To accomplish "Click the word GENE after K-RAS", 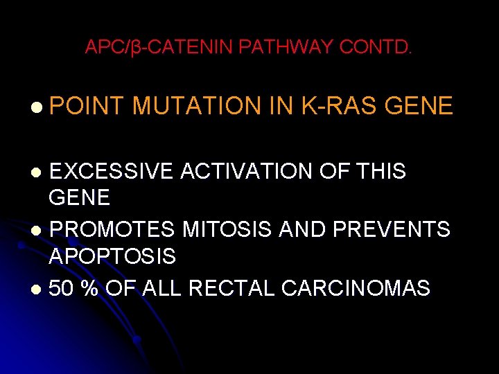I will click(x=419, y=106).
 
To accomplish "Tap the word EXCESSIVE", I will click(x=111, y=171).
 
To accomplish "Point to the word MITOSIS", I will click(x=243, y=229).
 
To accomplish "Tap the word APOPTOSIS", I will click(x=112, y=257).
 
